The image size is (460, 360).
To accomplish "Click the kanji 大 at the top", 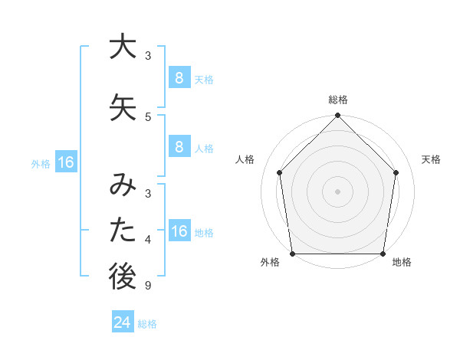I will point(123,47).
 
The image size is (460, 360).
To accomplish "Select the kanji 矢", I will point(123,106).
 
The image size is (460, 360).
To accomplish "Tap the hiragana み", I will point(123,186).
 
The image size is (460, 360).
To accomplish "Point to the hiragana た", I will point(123,231).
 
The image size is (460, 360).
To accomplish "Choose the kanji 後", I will point(123,277).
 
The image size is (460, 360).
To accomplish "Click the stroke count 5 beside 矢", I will point(148,117).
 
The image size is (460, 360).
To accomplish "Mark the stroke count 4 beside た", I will point(148,241).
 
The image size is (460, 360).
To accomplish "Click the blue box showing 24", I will point(123,322).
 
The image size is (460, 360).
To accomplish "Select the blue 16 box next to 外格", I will point(65,162).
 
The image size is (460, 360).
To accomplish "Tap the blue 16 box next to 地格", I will point(179,231).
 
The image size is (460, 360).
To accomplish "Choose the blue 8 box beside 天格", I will point(179,77).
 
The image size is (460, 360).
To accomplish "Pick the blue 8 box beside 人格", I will point(179,146).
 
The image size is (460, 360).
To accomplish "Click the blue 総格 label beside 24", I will point(147,324).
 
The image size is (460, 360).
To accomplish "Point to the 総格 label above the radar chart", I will point(338,100).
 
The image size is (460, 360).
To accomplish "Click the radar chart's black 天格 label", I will point(432,159).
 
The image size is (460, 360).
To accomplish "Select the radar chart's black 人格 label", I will point(245,159).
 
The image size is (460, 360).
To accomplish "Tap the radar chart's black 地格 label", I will point(402,262).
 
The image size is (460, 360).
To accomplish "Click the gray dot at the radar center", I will point(338,191).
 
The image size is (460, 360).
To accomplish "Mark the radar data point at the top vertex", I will point(338,116).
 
